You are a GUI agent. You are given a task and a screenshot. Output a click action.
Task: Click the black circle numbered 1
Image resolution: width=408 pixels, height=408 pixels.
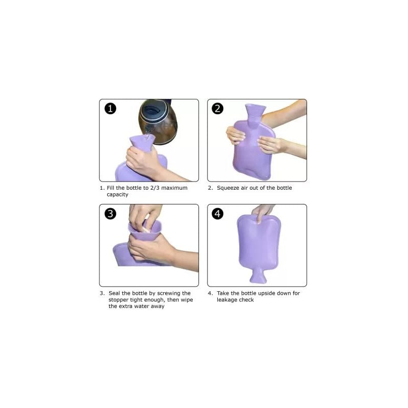tap(110, 109)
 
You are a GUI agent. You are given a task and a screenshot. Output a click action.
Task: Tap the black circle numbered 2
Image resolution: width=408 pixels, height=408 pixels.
tap(218, 109)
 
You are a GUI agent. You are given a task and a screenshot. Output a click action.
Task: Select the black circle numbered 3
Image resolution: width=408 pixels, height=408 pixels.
tap(110, 214)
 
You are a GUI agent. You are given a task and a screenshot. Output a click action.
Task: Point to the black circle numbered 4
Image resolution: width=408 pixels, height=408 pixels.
tap(218, 214)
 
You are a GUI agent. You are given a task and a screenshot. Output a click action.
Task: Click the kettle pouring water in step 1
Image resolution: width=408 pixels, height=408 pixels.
tap(158, 121)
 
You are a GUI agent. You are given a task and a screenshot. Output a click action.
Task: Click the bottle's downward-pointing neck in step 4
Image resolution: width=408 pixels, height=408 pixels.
tap(258, 276)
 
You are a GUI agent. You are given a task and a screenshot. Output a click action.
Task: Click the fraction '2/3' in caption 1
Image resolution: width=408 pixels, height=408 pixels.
tap(155, 188)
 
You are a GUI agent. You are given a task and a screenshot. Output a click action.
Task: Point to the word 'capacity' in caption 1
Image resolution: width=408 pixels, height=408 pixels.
tap(117, 195)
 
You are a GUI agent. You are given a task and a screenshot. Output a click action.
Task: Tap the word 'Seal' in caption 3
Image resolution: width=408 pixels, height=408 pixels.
tap(114, 293)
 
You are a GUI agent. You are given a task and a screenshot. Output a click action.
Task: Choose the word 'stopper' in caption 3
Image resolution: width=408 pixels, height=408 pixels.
tap(118, 300)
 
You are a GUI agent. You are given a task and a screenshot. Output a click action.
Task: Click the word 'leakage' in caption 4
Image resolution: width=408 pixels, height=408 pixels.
tap(227, 300)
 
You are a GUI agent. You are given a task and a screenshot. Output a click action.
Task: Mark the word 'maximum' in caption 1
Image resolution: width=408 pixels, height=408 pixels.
tap(174, 188)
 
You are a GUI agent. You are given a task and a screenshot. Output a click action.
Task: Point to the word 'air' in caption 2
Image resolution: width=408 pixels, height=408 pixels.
tap(244, 188)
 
